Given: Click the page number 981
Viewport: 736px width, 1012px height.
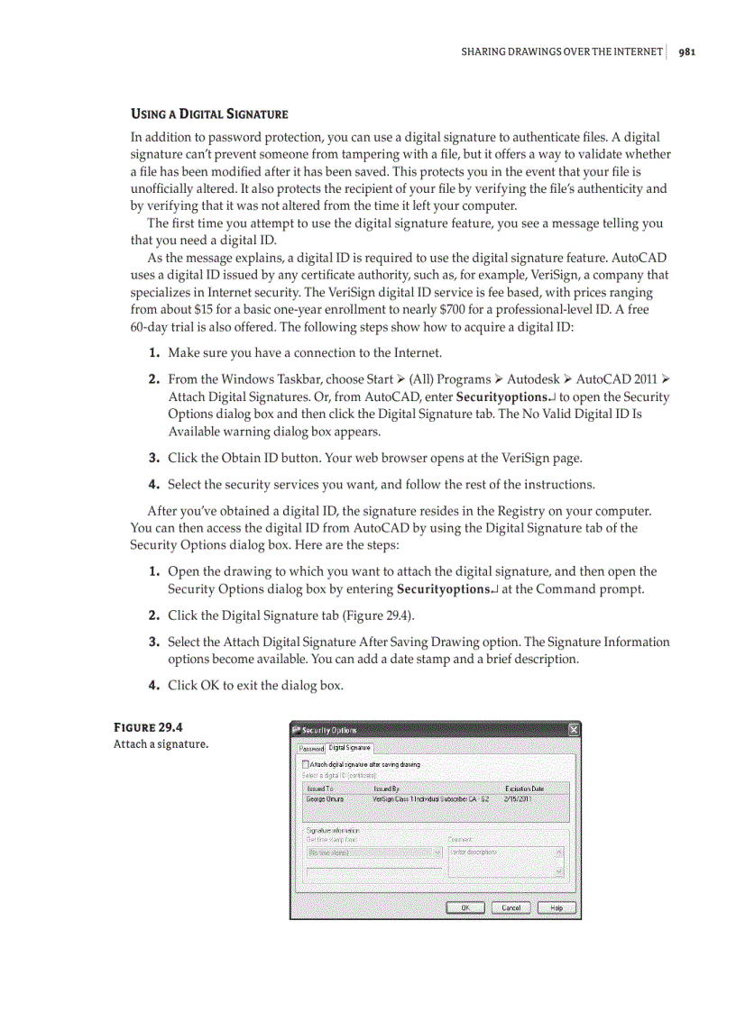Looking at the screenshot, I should pos(686,51).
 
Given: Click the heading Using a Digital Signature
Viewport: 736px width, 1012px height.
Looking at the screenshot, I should pos(209,114).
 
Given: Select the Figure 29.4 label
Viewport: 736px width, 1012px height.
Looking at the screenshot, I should pos(150,727).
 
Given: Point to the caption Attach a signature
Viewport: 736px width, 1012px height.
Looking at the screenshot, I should pos(161,744).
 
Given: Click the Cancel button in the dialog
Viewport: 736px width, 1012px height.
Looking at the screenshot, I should pos(511,907).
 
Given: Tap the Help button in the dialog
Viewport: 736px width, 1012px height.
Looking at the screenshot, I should pos(557,907).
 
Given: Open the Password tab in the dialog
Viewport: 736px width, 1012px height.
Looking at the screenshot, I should pos(311,748).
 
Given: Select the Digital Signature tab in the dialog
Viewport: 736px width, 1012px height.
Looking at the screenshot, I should pos(349,747).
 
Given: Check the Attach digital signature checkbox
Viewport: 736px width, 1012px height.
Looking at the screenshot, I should pos(306,764).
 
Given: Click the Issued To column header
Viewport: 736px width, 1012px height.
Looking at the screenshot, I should pos(320,789).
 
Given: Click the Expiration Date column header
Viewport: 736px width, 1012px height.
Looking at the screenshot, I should pos(524,789).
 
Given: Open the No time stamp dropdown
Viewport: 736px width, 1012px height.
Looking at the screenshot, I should pos(373,852).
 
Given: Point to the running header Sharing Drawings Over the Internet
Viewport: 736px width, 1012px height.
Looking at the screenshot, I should pos(561,51).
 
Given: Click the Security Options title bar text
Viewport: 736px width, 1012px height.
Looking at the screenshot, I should pos(329,730).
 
